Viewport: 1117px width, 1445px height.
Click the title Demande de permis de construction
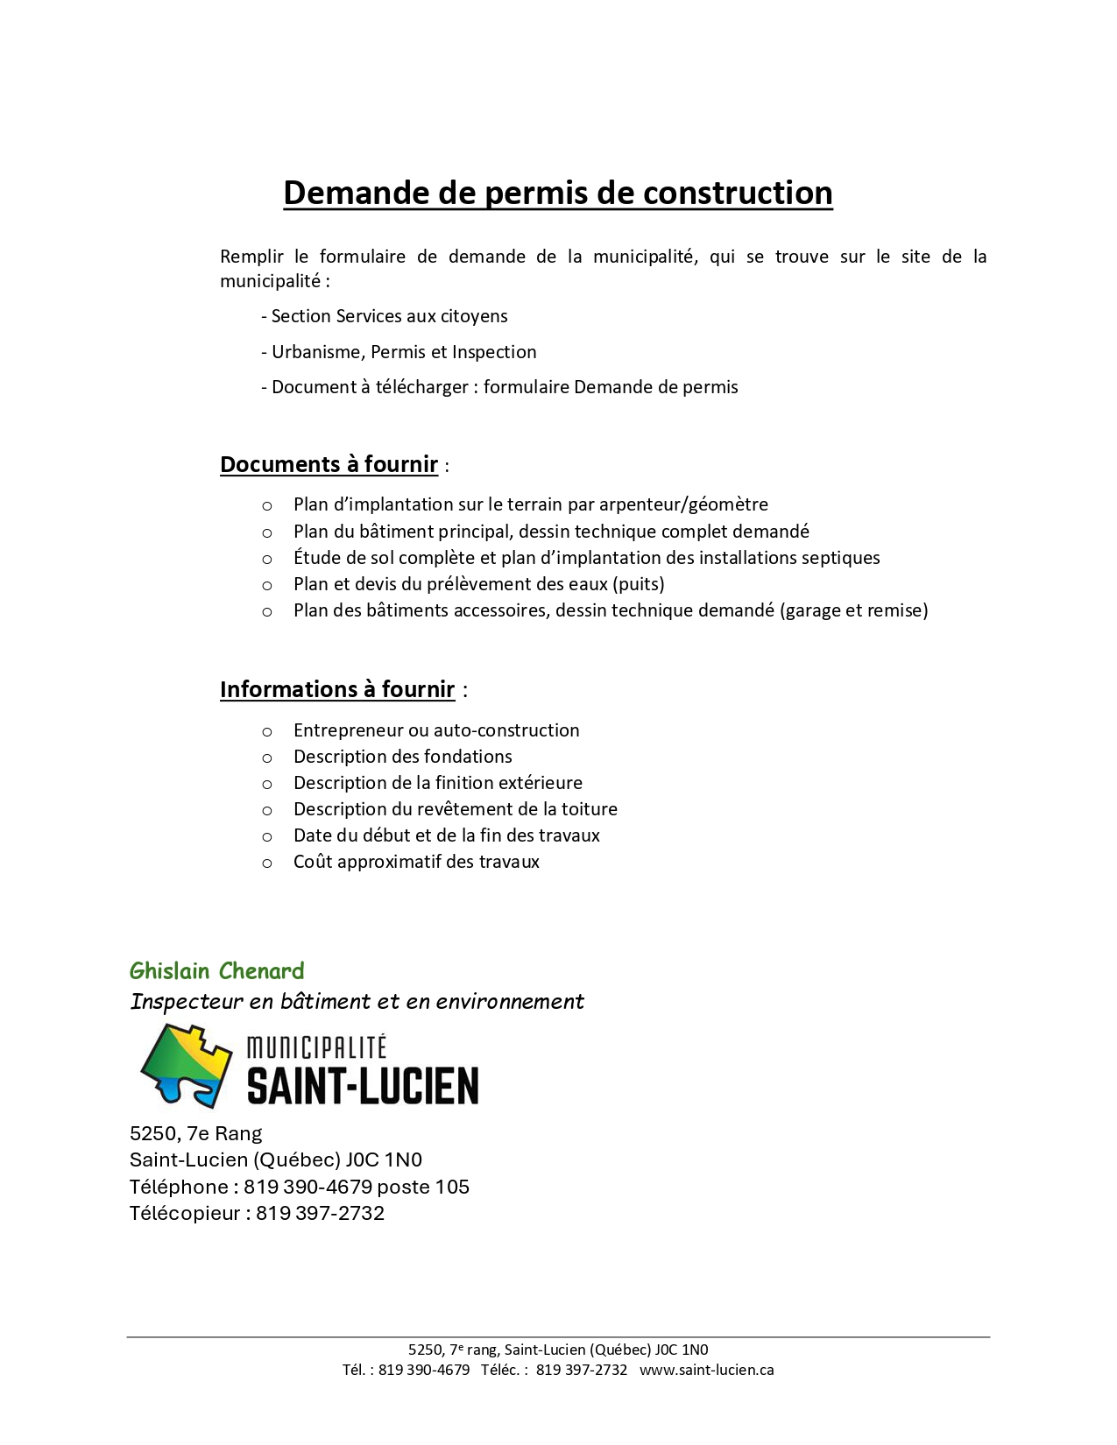[x=557, y=194]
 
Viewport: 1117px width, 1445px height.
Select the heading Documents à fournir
[x=329, y=464]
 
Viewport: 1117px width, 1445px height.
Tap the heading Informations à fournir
[x=337, y=689]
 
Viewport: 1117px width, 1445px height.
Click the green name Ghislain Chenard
[x=216, y=970]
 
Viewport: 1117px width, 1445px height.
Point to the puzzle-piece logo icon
[x=187, y=1065]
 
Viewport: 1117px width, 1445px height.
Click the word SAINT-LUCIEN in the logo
[x=363, y=1086]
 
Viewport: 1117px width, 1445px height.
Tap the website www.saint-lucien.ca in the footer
[x=706, y=1370]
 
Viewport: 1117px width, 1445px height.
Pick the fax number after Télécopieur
[x=320, y=1213]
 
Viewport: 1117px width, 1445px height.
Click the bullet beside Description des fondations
[x=267, y=758]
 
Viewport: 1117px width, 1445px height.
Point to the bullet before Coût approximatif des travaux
[x=267, y=863]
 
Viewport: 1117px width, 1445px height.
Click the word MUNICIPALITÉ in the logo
[x=316, y=1047]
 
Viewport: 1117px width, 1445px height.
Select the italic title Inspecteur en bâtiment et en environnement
[x=357, y=1001]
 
